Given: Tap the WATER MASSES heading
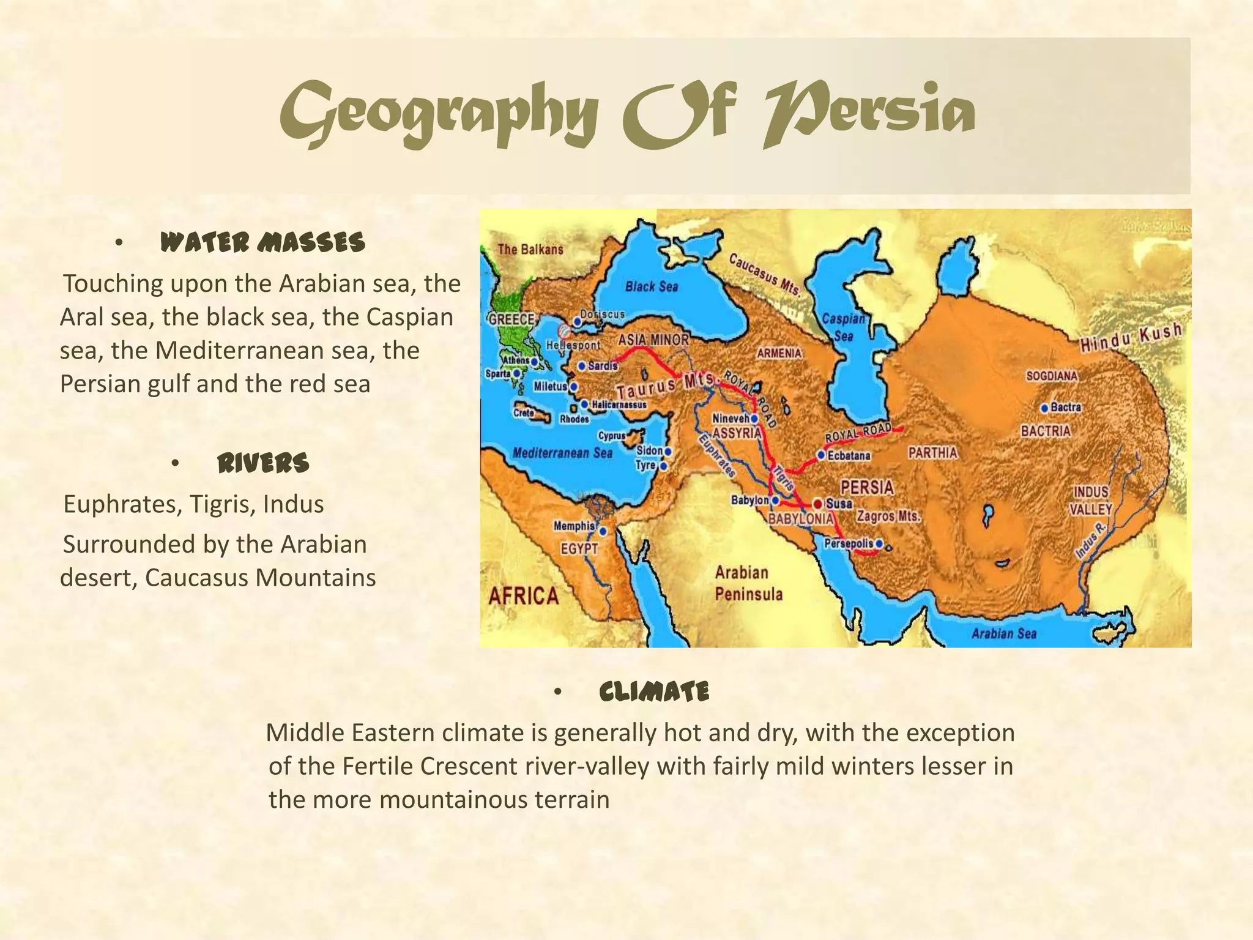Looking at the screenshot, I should (x=262, y=243).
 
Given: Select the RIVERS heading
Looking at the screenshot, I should (x=263, y=463).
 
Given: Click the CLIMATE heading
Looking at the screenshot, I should (x=654, y=692).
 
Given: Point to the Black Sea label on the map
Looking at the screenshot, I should (x=651, y=286).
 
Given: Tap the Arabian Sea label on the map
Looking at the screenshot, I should (x=1003, y=633).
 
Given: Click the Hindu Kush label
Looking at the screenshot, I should (x=1130, y=338).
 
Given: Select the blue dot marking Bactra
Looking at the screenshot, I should (x=1044, y=408).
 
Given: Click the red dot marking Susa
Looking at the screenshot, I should (x=817, y=504).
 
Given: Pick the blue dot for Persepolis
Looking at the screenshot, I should (x=879, y=543).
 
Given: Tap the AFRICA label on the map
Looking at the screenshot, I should (x=523, y=595).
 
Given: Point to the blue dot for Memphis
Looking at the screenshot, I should (x=603, y=531).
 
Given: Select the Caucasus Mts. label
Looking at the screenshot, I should (x=764, y=275).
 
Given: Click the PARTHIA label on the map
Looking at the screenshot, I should (x=932, y=453).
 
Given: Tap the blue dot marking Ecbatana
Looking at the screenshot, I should (x=821, y=456).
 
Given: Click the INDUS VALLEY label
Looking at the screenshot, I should (x=1091, y=501).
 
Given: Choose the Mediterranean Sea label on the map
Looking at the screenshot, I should (x=562, y=453).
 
